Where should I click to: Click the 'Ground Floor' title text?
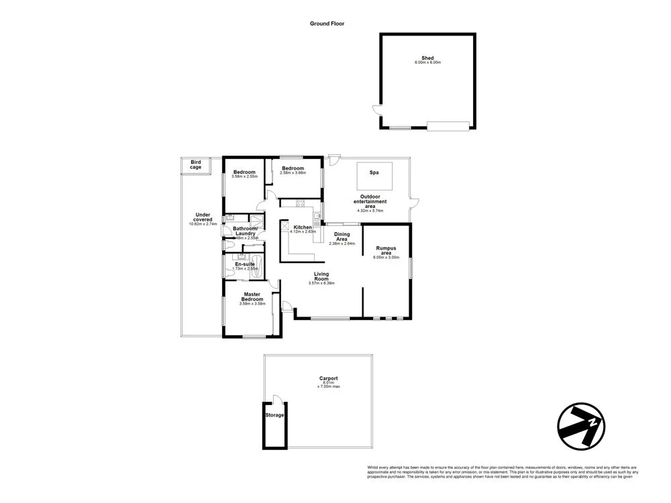click(x=327, y=23)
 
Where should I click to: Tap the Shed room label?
click(x=427, y=58)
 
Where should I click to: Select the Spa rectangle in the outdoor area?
click(x=374, y=172)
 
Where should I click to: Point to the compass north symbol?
click(x=581, y=425)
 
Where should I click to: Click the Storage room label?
click(x=275, y=415)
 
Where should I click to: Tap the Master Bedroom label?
click(x=252, y=296)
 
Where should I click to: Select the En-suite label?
click(x=244, y=264)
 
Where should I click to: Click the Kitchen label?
click(x=303, y=227)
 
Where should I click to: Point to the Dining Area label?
click(x=342, y=237)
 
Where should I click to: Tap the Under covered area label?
click(x=203, y=217)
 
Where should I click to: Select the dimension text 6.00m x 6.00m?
click(x=427, y=62)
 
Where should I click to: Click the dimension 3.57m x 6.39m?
click(x=321, y=283)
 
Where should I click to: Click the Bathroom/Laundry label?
click(x=246, y=231)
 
